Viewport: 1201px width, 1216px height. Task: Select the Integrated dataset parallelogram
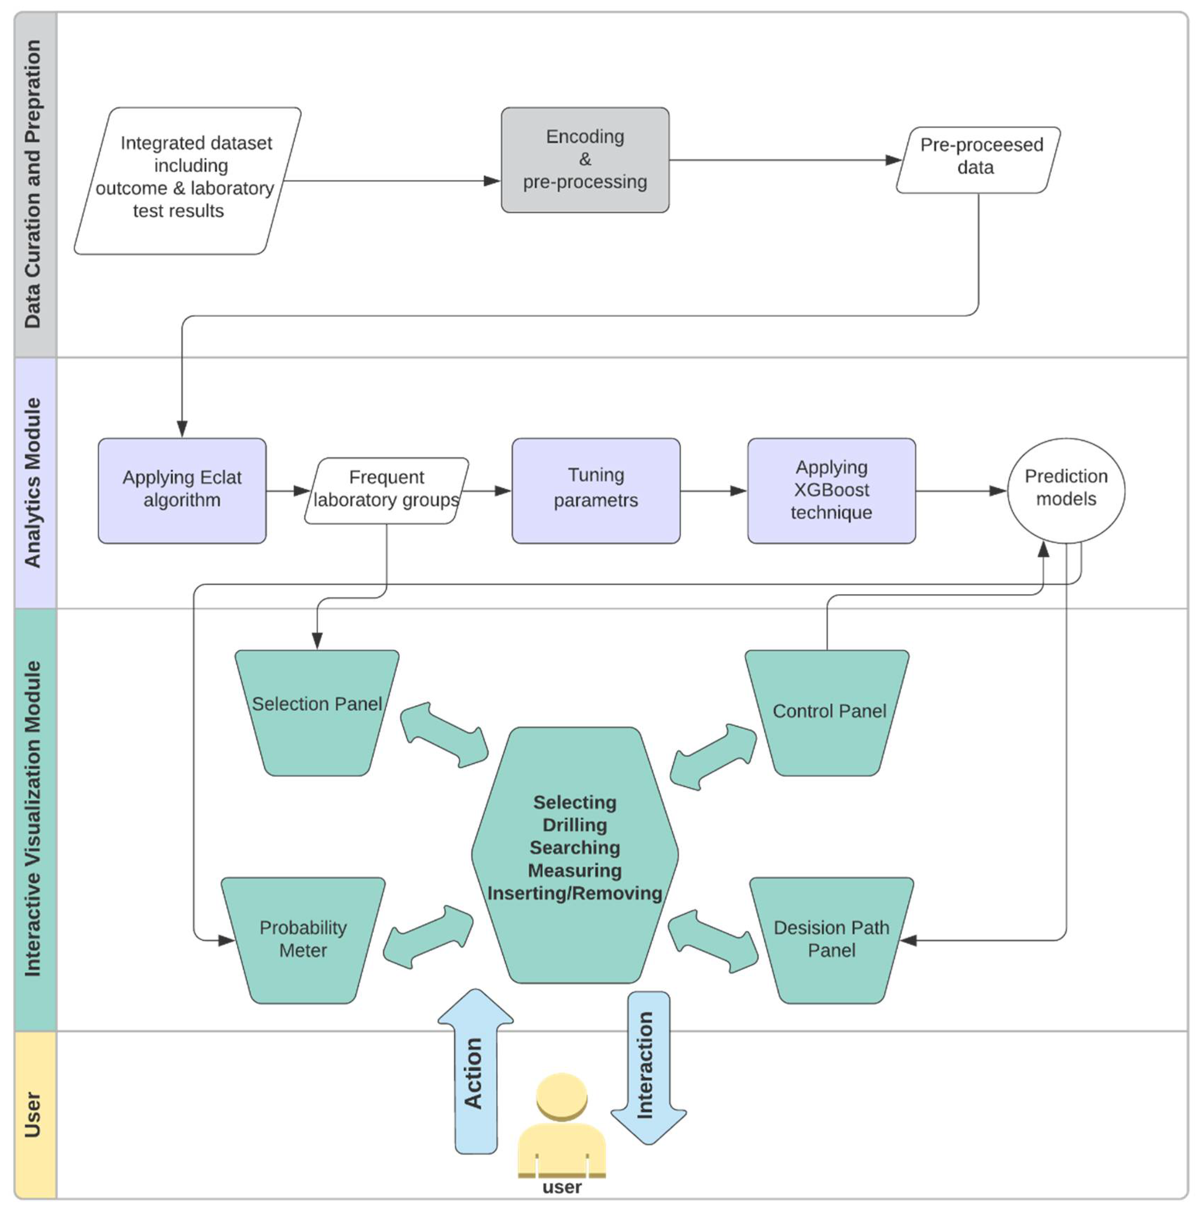click(187, 181)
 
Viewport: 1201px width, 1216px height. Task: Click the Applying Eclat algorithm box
click(182, 490)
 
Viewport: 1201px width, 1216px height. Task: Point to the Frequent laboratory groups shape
click(386, 490)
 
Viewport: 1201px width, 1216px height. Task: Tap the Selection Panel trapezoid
click(317, 711)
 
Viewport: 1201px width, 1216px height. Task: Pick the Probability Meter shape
click(303, 939)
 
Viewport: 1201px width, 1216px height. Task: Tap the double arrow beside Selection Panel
click(444, 734)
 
